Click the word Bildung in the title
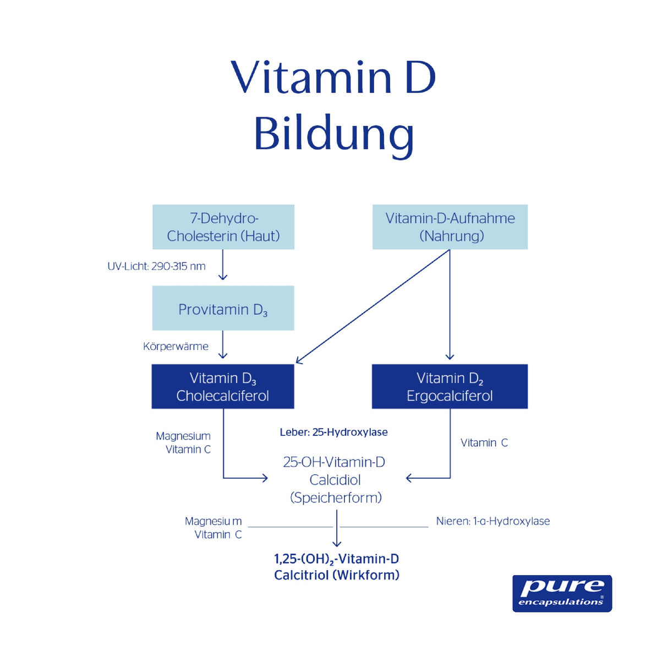[333, 134]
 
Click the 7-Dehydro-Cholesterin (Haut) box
[223, 227]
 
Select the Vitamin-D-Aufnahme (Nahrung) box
[450, 227]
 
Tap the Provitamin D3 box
[223, 309]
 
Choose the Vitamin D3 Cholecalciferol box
[223, 387]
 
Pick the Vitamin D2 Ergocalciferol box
[450, 387]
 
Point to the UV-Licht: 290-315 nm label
[156, 266]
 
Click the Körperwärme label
[176, 347]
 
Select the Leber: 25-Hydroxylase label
[333, 432]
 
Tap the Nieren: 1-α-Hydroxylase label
[492, 521]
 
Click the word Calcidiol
[335, 480]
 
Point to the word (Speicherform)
[336, 498]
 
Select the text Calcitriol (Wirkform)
[337, 576]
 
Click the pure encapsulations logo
[562, 593]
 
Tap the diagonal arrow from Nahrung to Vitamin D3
[373, 306]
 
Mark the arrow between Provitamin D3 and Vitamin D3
[223, 346]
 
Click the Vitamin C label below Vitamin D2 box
[484, 443]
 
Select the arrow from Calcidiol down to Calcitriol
[337, 528]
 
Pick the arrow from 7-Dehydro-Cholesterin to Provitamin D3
[223, 265]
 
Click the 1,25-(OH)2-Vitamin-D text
[337, 559]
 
